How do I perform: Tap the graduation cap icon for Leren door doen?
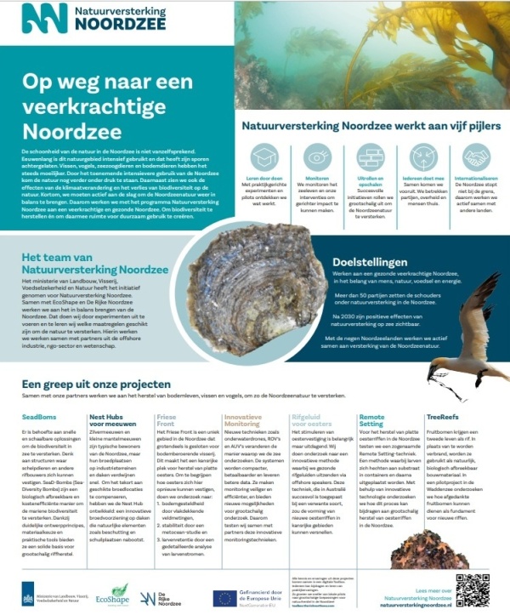pos(264,159)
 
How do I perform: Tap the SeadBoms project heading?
pos(39,419)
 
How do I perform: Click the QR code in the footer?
pos(473,588)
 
